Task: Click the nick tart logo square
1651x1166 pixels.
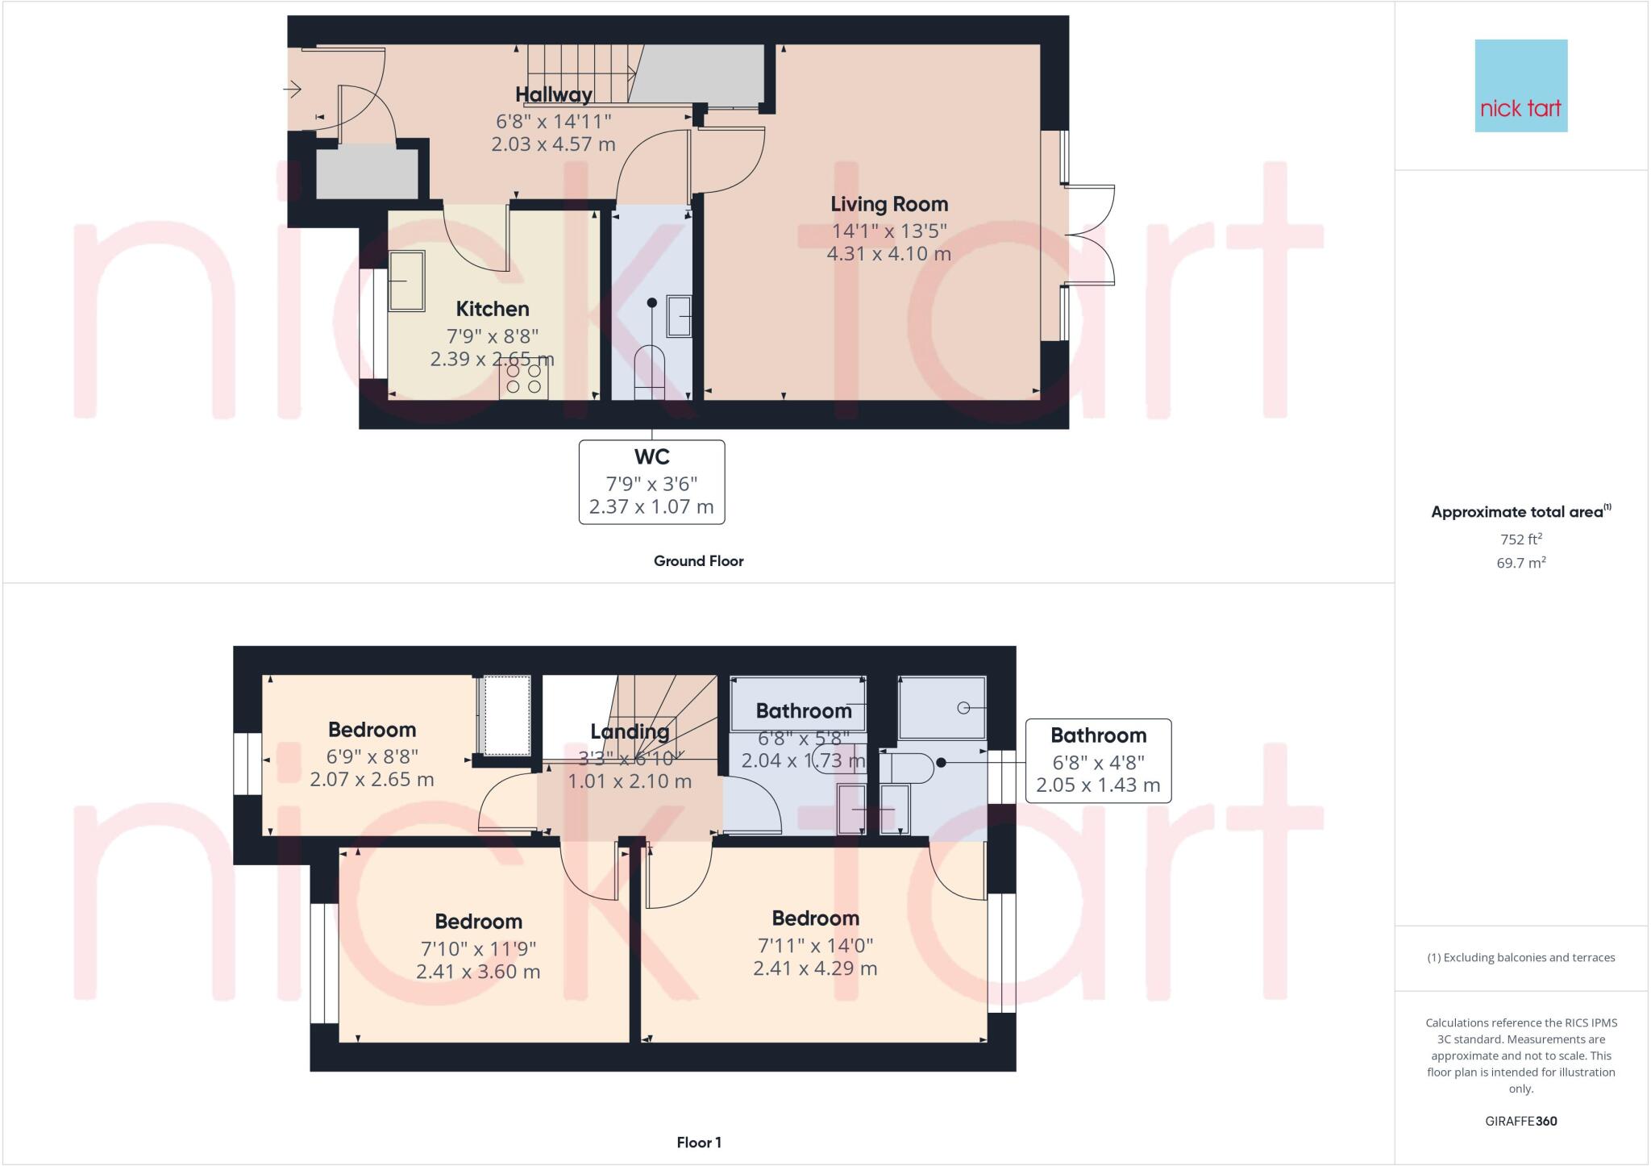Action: click(1520, 85)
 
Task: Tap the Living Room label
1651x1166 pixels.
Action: click(889, 204)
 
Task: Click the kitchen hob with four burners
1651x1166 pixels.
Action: click(524, 379)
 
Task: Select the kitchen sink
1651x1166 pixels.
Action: click(407, 281)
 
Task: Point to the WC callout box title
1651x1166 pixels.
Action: click(651, 457)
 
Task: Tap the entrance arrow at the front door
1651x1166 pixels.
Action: click(292, 89)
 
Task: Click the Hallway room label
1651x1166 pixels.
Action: click(553, 94)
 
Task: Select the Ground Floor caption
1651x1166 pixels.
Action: click(698, 561)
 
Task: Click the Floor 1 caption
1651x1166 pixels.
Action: click(699, 1143)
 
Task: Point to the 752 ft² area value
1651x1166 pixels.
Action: click(1520, 539)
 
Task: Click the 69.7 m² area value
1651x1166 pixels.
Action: click(1520, 563)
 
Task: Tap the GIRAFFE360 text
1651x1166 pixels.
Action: click(1520, 1121)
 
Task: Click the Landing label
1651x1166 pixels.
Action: click(630, 731)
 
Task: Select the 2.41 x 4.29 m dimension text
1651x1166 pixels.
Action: click(815, 968)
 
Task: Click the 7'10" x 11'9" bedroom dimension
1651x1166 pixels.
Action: click(478, 948)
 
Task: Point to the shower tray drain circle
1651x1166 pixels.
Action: click(963, 707)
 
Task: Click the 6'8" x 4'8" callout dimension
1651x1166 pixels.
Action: click(1098, 762)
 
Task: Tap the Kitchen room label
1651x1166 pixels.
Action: click(493, 309)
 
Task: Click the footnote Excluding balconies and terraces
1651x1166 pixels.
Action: click(1520, 958)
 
